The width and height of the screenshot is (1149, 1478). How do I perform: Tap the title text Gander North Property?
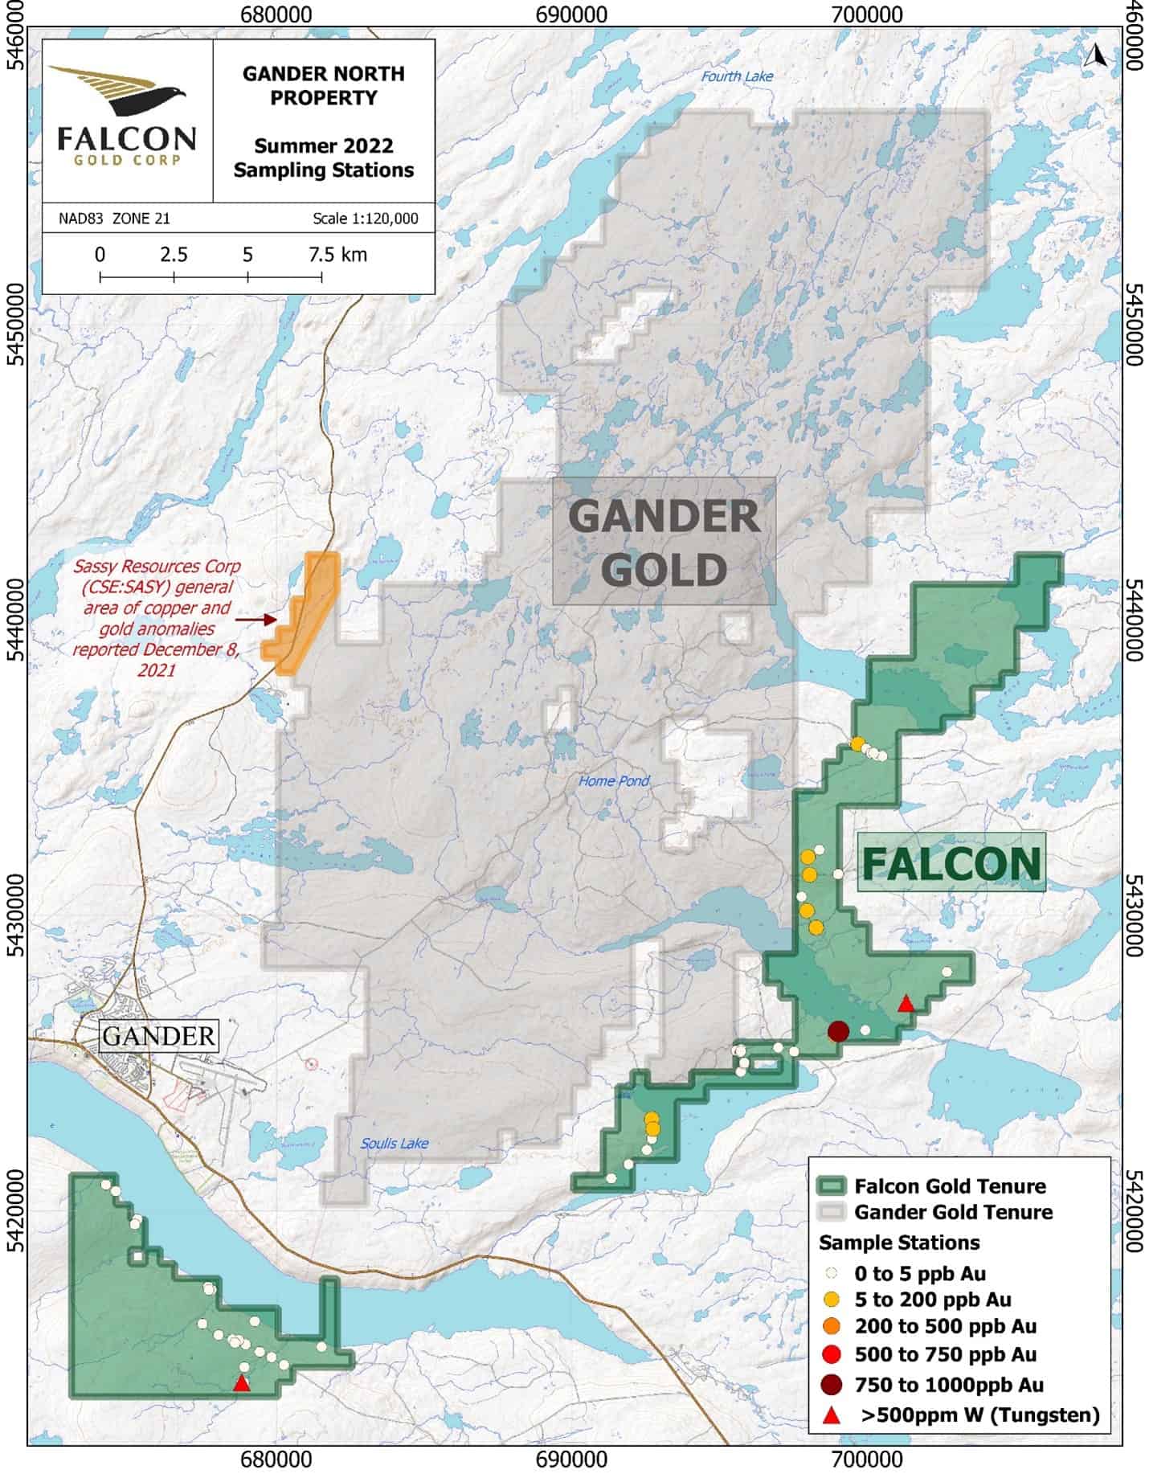(x=323, y=85)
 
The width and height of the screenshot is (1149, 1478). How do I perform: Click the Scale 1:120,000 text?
(x=365, y=219)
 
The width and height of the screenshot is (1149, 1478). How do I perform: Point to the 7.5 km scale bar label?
(x=337, y=255)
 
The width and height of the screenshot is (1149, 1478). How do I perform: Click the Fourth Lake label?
(x=737, y=76)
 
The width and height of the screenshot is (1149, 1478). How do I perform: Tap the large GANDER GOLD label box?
(x=664, y=542)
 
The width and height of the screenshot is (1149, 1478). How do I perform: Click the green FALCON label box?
(x=951, y=862)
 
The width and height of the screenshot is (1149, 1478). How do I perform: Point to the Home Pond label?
(x=614, y=780)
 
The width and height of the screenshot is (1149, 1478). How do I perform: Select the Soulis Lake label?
(x=395, y=1143)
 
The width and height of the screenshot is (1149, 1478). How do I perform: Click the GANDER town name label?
(x=158, y=1036)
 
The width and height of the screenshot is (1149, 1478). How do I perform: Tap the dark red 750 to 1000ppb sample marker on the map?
(x=838, y=1031)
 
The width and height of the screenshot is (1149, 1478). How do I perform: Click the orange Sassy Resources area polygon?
(x=308, y=611)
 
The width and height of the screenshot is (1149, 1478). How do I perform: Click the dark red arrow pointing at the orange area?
(x=256, y=620)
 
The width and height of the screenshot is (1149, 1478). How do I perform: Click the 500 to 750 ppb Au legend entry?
(x=945, y=1354)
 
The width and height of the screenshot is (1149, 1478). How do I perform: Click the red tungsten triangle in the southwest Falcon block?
(x=241, y=1383)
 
